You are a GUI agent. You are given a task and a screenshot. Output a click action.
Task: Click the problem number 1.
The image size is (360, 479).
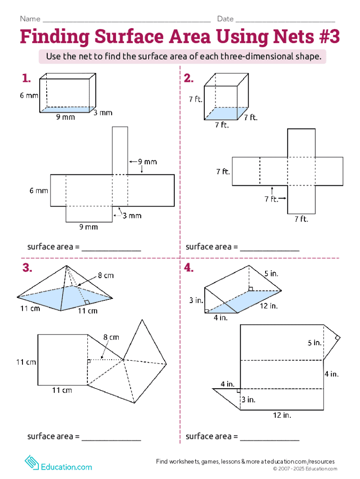coord(26,79)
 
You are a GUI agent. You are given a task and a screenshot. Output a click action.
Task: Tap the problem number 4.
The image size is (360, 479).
coord(189,268)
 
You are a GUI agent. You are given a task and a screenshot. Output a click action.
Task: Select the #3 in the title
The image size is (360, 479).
coord(329,36)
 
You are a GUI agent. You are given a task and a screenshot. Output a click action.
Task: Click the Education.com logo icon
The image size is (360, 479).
coord(32,463)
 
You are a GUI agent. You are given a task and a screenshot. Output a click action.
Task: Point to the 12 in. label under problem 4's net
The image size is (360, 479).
coord(282,415)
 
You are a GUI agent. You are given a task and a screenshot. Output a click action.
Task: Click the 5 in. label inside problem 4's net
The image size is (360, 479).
coord(315,343)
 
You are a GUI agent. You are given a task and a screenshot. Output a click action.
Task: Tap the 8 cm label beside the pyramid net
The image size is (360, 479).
coord(111,337)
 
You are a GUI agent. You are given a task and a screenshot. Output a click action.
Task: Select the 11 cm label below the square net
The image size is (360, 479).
coord(62,391)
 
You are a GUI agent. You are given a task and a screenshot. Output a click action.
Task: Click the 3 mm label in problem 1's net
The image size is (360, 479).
coord(132,216)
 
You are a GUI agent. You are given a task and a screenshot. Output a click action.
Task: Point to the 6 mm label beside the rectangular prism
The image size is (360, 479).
coord(29,95)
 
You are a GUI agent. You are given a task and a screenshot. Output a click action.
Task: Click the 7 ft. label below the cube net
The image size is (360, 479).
coord(302,219)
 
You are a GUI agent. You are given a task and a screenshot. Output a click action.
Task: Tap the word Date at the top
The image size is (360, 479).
coord(225,19)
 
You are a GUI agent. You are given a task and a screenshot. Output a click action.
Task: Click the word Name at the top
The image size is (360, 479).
coord(30,19)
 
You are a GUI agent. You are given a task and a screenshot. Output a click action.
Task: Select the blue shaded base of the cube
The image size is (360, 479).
coord(226,113)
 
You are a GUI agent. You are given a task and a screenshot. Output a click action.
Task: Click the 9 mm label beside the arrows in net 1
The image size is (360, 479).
coord(147,161)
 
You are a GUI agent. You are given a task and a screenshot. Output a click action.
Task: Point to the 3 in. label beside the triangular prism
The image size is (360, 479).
coord(196,300)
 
